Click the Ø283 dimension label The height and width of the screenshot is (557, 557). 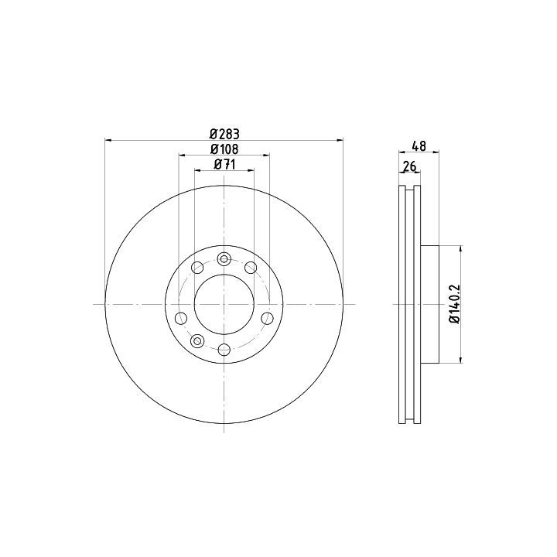[x=224, y=134]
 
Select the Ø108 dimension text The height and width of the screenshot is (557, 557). [x=224, y=149]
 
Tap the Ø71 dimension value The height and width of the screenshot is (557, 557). [x=224, y=165]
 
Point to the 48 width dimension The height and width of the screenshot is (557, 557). [x=419, y=146]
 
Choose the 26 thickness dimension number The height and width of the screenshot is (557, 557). [x=409, y=166]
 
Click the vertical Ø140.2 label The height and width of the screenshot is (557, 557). [x=456, y=304]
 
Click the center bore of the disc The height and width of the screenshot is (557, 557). [x=224, y=305]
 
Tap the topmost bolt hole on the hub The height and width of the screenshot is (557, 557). [x=224, y=259]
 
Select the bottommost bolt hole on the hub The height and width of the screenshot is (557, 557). [x=224, y=350]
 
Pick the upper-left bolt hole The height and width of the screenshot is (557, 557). [x=197, y=268]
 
